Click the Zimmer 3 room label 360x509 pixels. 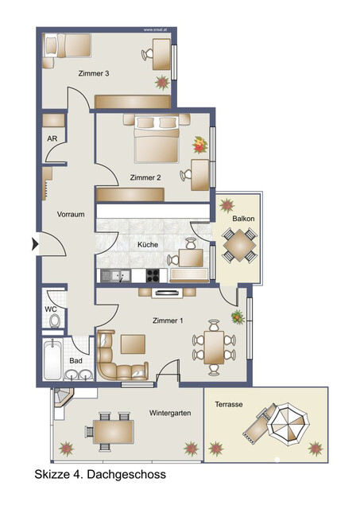[93, 73]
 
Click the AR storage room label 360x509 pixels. [52, 138]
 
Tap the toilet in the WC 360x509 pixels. [54, 321]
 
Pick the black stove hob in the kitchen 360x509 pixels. [152, 275]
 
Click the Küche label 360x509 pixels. [148, 244]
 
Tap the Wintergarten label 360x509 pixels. [170, 414]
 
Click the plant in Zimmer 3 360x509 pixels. [163, 81]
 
